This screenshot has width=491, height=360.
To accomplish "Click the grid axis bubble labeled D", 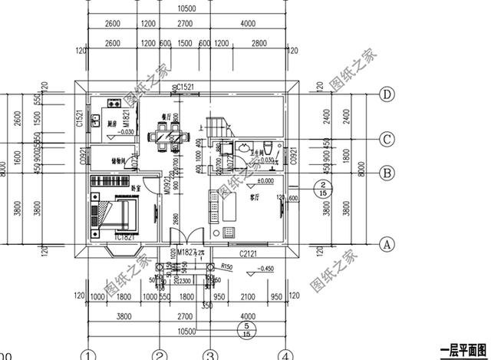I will tap(387, 94).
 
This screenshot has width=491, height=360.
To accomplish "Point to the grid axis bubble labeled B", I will tap(387, 173).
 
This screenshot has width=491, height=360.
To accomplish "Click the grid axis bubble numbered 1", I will tap(89, 355).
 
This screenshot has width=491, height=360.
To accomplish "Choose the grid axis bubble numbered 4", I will tap(285, 355).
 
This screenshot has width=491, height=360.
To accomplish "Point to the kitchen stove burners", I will tap(113, 101).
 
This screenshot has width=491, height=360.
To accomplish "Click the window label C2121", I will tap(247, 253).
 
